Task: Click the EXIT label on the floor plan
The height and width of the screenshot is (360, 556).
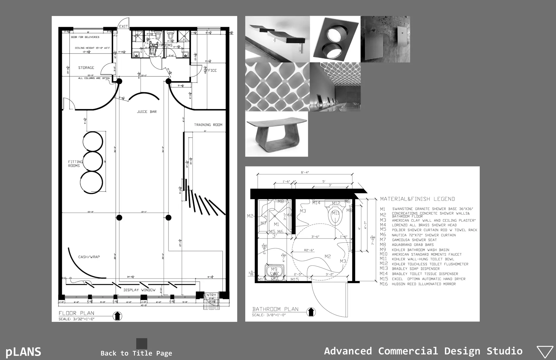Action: coord(123,26)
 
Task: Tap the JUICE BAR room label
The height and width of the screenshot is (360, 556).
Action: coord(147,112)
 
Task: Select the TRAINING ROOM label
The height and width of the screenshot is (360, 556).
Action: coord(208,125)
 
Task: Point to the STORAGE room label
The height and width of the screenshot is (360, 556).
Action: coord(86,68)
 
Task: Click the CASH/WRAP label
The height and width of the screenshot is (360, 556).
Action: coord(89,257)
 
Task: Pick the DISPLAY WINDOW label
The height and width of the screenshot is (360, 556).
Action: coord(140,290)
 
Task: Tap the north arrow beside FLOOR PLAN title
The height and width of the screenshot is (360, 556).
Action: coord(117,316)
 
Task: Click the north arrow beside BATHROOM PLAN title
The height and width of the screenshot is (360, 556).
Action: coord(311,312)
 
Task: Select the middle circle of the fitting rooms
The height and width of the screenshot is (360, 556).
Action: coord(92,161)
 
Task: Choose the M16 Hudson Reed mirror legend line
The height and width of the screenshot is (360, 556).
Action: coord(423,284)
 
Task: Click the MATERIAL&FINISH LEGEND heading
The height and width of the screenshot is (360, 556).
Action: coord(417,199)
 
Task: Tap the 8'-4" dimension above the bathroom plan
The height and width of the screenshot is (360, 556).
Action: coord(305,172)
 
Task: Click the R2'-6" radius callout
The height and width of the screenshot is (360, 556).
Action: coord(309,250)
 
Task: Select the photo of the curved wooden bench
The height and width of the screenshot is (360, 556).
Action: coord(276,134)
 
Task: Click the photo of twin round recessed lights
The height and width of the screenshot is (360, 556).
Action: coord(335,39)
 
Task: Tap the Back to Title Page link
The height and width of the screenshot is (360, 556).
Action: coord(136,353)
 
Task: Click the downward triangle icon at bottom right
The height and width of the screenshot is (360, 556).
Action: coord(545,352)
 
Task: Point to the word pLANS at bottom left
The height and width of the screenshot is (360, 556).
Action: coord(23,352)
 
